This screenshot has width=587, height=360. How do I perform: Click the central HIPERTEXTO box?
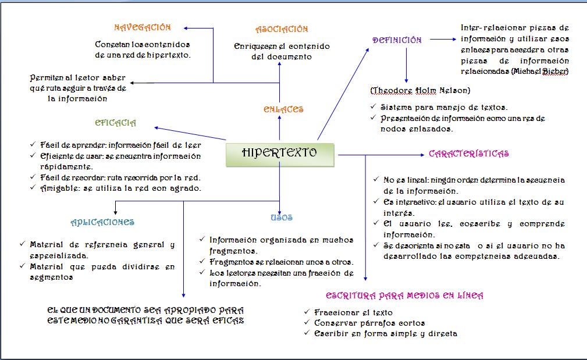click(x=280, y=154)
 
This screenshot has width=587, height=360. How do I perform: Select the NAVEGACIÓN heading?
click(x=143, y=27)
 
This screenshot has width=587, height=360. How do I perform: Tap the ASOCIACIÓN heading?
click(x=282, y=29)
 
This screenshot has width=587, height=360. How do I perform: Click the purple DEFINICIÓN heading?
click(x=397, y=40)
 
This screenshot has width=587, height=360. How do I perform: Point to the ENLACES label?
click(x=283, y=109)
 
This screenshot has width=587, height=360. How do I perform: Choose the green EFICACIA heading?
click(x=116, y=123)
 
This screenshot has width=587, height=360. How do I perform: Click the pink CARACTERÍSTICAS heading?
click(x=468, y=154)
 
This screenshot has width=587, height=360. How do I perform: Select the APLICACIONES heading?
click(x=102, y=222)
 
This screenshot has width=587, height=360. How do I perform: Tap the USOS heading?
click(x=282, y=218)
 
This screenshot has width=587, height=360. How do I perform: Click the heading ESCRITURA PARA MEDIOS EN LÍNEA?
click(x=404, y=295)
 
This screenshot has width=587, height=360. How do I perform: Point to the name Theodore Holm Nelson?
click(x=420, y=91)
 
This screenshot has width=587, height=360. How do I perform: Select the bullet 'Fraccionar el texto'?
click(x=353, y=312)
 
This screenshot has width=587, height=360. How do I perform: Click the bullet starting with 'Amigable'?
click(x=122, y=188)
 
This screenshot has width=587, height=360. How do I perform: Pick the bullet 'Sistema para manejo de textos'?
click(x=444, y=107)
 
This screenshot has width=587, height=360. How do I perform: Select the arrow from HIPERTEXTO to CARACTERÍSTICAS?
click(x=381, y=155)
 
